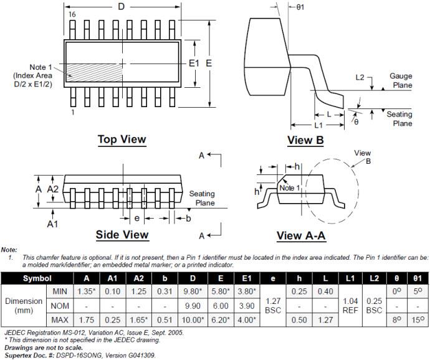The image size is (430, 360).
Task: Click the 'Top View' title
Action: point(122,140)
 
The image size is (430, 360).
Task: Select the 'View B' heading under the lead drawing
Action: point(305,141)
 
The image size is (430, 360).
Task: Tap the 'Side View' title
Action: point(122,235)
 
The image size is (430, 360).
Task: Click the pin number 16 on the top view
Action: point(72,14)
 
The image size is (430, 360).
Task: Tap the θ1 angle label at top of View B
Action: point(300,6)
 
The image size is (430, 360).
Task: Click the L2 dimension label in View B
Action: point(360,78)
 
